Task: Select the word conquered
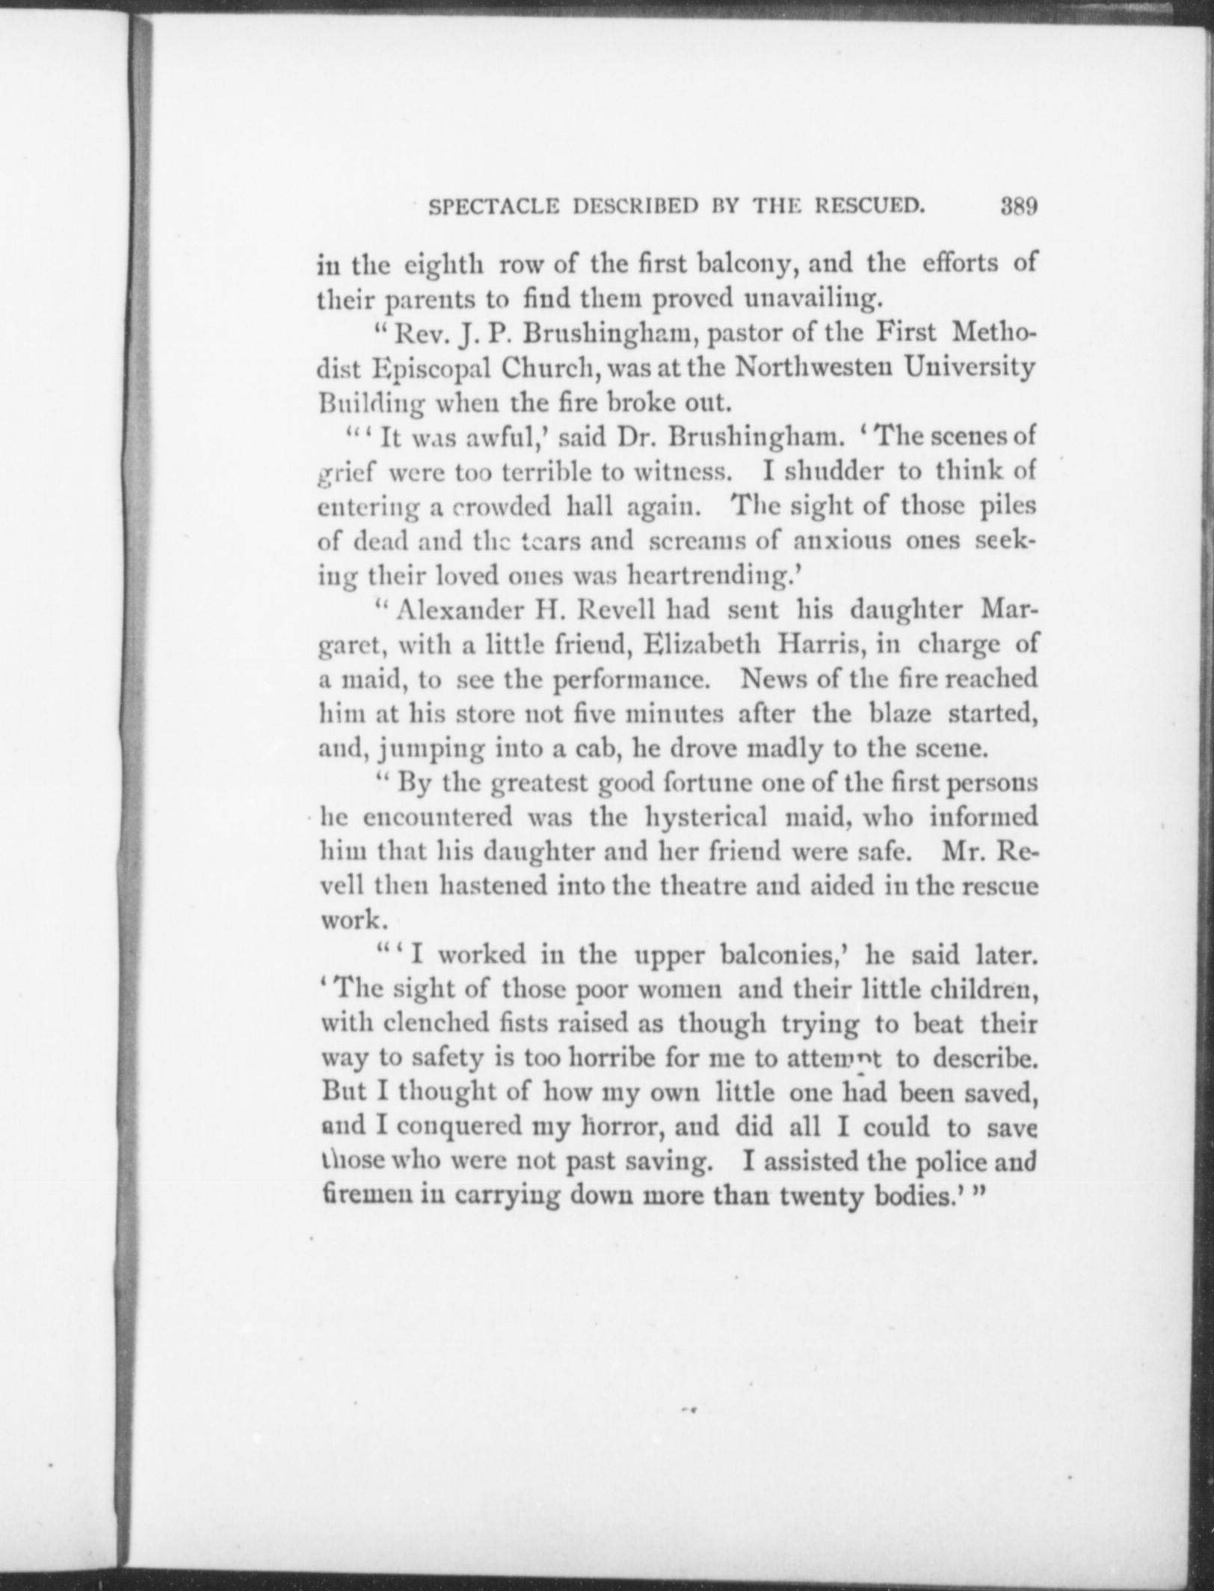[x=455, y=1127]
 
